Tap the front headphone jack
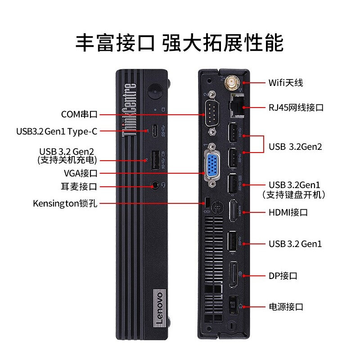155,185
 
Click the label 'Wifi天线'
286,83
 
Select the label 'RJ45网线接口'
296,108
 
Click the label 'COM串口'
79,114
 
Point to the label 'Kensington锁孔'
65,203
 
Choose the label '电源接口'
286,307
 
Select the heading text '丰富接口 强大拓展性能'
180,43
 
